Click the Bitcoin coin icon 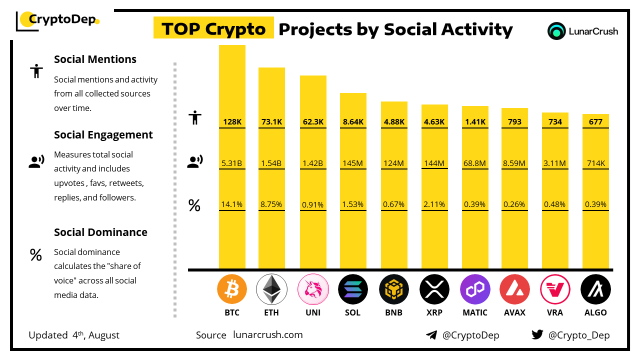[x=232, y=289]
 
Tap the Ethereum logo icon [x=271, y=289]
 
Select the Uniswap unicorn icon [x=312, y=289]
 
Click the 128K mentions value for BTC [x=232, y=121]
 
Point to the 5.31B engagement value [x=232, y=162]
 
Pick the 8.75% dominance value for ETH [x=271, y=204]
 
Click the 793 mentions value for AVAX [x=514, y=121]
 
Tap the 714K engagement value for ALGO [x=595, y=162]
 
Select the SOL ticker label [x=352, y=312]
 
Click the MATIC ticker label [x=474, y=312]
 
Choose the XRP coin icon [x=434, y=289]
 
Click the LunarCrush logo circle [x=556, y=31]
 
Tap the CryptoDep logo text [x=61, y=20]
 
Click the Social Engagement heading [x=103, y=135]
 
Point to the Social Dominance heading [x=100, y=232]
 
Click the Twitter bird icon [x=537, y=335]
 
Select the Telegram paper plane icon [x=431, y=335]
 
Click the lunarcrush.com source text [x=267, y=335]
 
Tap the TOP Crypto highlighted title [x=213, y=29]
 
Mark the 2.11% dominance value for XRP [x=434, y=204]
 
